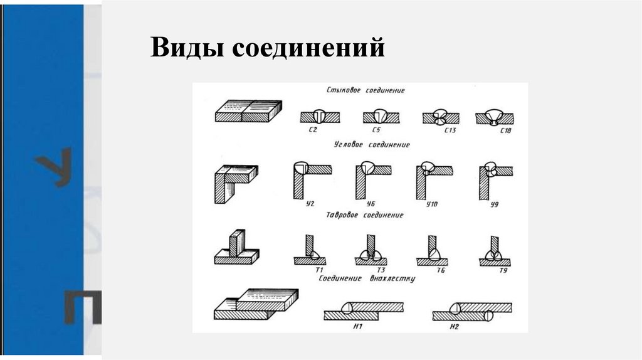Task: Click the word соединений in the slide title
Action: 308,49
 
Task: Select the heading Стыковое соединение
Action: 366,90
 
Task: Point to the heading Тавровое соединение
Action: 365,215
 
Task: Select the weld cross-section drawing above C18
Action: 494,117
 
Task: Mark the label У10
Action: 432,204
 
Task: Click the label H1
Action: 359,326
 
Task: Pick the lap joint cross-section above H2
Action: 471,311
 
